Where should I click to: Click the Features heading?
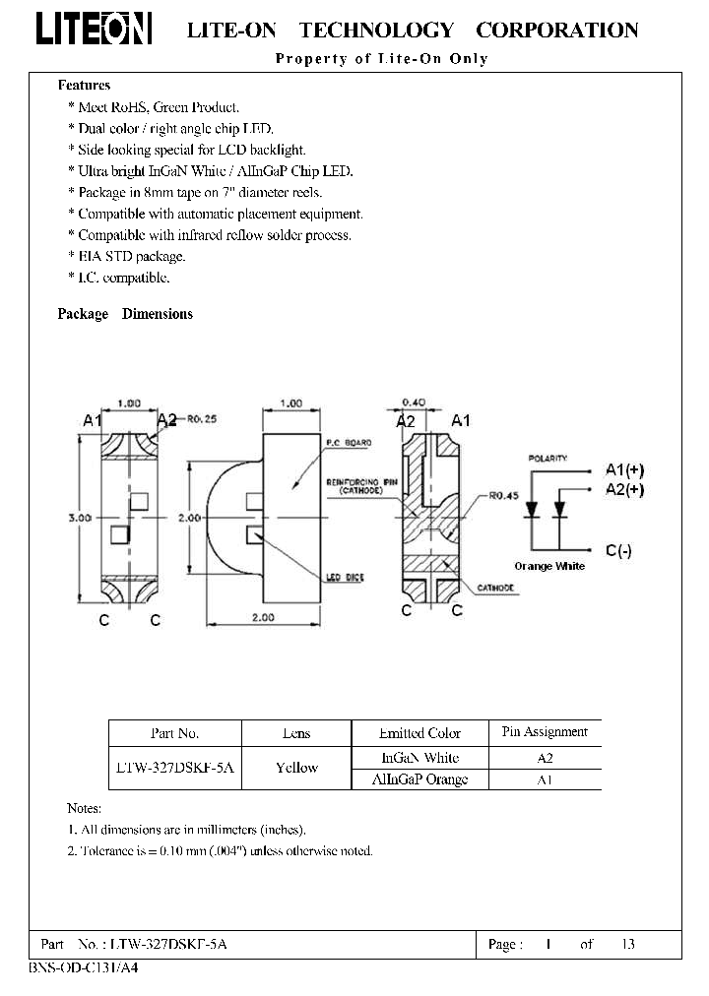point(84,86)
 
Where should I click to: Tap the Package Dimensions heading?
point(125,314)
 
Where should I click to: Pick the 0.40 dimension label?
point(416,403)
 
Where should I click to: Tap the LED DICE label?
point(346,578)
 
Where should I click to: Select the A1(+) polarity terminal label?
point(626,469)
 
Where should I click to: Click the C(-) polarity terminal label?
point(618,551)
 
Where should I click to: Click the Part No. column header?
point(174,733)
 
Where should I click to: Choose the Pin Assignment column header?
point(544,732)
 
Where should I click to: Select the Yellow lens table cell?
point(295,768)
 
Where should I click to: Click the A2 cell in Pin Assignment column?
point(545,758)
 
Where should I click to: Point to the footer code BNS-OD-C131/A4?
point(86,968)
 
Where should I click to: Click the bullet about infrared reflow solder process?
point(214,235)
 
